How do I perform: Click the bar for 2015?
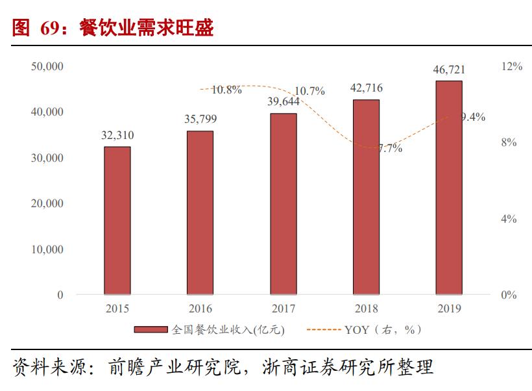pyautogui.click(x=117, y=220)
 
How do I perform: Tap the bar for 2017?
pyautogui.click(x=283, y=204)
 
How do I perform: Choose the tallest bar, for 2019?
pyautogui.click(x=449, y=188)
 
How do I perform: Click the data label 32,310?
pyautogui.click(x=117, y=136)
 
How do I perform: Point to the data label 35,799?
pyautogui.click(x=200, y=119)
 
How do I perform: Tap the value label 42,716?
pyautogui.click(x=366, y=88)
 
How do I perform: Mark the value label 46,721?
pyautogui.click(x=449, y=69)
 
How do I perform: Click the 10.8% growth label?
pyautogui.click(x=226, y=90)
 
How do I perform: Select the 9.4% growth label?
pyautogui.click(x=472, y=117)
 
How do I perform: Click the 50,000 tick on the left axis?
pyautogui.click(x=47, y=66)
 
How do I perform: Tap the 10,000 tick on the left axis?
pyautogui.click(x=47, y=249)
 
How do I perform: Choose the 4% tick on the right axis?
pyautogui.click(x=509, y=219)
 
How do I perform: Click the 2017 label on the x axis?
pyautogui.click(x=283, y=309)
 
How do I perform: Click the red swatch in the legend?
pyautogui.click(x=152, y=330)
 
